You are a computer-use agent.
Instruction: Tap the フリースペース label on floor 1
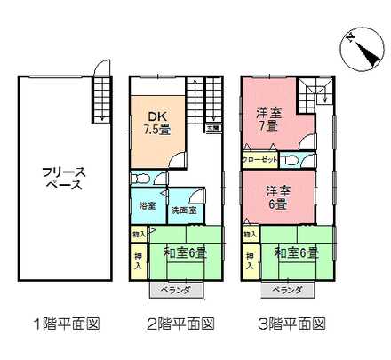tap(62, 179)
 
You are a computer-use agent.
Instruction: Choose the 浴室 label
tap(147, 206)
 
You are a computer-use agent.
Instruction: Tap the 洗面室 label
tap(184, 210)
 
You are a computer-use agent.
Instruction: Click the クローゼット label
tap(260, 158)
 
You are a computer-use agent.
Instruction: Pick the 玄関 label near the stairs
tap(213, 128)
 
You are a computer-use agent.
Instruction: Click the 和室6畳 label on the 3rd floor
tap(297, 253)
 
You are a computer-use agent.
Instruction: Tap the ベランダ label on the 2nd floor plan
tap(175, 290)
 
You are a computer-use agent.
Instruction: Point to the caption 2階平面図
tap(180, 324)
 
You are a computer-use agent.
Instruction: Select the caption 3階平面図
tap(293, 324)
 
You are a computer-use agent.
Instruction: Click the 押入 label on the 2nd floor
tap(138, 259)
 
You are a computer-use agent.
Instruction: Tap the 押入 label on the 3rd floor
tap(250, 259)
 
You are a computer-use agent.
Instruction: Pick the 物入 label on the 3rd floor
tap(250, 233)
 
